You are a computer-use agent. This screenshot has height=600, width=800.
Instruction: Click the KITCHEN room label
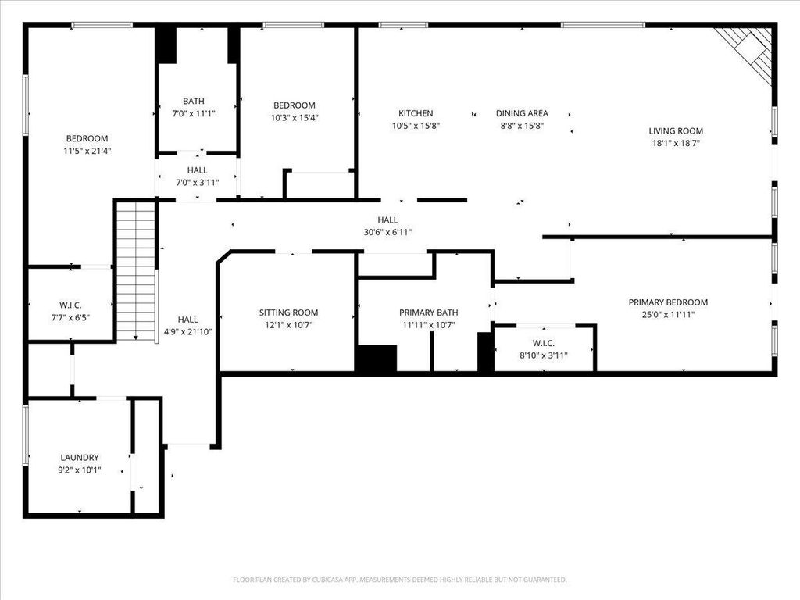click(415, 113)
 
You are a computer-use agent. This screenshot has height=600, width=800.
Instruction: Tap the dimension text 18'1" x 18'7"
click(676, 143)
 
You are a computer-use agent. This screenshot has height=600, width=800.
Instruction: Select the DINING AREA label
click(522, 113)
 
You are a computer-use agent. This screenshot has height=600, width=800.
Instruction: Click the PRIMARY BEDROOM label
click(668, 302)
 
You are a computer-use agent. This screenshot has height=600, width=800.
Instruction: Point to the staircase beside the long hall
click(136, 270)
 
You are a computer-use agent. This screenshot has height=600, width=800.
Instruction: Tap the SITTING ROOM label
click(288, 312)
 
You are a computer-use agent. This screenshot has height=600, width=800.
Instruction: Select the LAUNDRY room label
click(80, 458)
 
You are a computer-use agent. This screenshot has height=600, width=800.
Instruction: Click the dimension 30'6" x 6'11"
click(387, 232)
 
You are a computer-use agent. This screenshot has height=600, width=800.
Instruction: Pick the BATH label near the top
click(194, 101)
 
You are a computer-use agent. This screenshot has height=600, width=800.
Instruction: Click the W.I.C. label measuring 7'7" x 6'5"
click(70, 305)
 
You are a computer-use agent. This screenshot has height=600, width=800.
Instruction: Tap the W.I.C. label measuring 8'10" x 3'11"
click(544, 343)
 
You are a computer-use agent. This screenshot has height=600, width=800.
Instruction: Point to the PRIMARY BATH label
click(428, 312)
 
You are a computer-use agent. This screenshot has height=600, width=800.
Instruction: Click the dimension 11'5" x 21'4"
click(87, 151)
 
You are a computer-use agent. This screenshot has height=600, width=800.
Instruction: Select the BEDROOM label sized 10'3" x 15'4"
click(294, 105)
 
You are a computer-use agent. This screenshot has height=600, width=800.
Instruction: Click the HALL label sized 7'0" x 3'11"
click(197, 170)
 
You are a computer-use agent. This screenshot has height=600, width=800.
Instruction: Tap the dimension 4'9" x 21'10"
click(187, 331)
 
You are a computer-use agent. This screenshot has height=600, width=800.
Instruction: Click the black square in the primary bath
click(376, 358)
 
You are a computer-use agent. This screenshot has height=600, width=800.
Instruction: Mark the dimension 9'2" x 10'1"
click(80, 470)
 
